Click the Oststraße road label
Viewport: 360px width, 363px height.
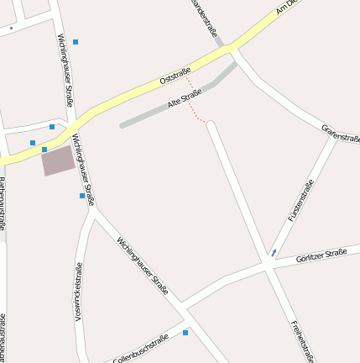[x=175, y=76]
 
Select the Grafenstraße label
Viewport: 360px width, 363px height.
[x=341, y=133]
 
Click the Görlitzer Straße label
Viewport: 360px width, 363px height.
[x=321, y=255]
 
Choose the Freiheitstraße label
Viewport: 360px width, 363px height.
[x=302, y=340]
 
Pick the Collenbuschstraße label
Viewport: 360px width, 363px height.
[x=141, y=347]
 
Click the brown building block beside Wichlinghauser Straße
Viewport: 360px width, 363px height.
[x=58, y=160]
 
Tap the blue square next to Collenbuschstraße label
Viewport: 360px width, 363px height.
[x=185, y=333]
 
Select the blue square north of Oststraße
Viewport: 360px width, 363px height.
[x=76, y=41]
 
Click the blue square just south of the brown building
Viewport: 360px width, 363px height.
[x=82, y=196]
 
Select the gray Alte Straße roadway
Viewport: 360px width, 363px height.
[x=159, y=112]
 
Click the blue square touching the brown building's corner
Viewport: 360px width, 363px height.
[x=44, y=150]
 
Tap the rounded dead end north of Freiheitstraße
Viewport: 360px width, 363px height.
[x=211, y=126]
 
